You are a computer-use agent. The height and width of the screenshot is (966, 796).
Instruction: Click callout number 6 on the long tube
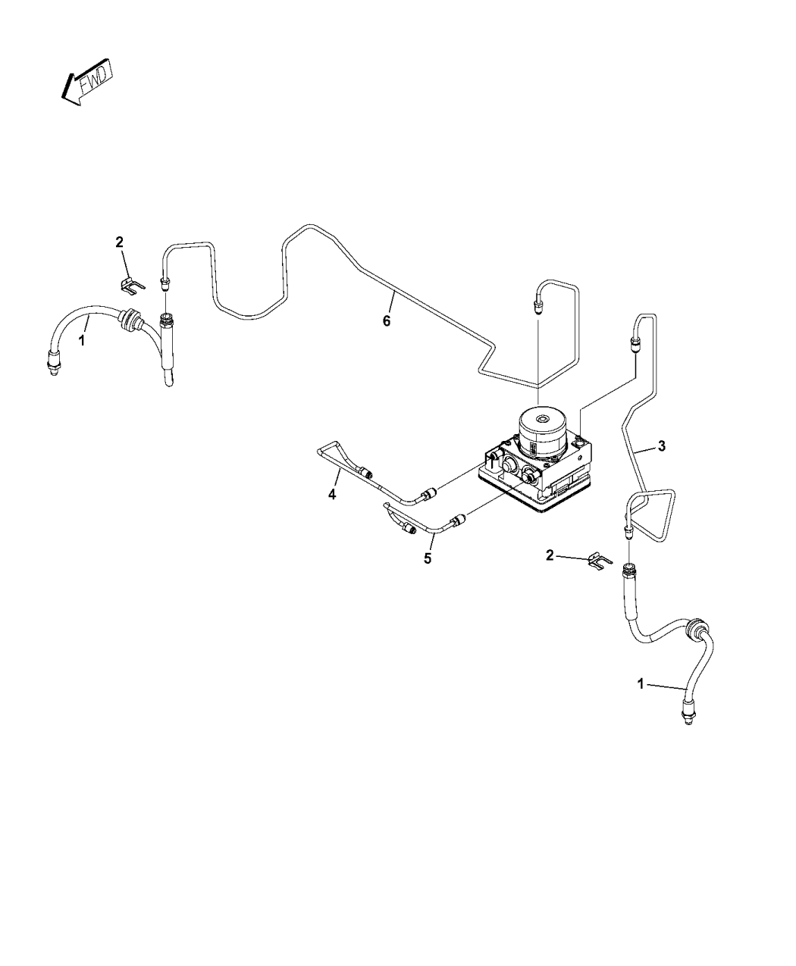[387, 321]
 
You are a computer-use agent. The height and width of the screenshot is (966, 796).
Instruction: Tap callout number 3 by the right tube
[662, 446]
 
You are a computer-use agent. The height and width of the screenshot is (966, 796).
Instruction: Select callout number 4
[331, 495]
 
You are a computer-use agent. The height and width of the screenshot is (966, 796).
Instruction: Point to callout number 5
[428, 558]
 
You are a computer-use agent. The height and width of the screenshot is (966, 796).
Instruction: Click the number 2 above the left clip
[119, 242]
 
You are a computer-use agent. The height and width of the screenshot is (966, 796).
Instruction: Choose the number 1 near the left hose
[82, 341]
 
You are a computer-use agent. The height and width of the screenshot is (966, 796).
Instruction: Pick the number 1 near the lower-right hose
[641, 683]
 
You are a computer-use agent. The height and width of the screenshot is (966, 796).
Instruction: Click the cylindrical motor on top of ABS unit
[543, 431]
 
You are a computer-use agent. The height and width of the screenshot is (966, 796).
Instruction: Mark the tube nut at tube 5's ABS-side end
[456, 520]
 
